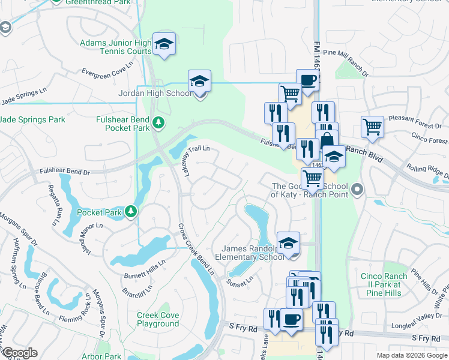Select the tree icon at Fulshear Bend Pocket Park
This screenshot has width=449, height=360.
pyautogui.click(x=158, y=122)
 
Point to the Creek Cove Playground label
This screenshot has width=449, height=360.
pyautogui.click(x=157, y=319)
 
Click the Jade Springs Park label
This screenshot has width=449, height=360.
pyautogui.click(x=32, y=120)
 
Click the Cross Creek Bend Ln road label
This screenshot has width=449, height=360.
pyautogui.click(x=196, y=248)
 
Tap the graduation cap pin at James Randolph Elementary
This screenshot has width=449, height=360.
pyautogui.click(x=288, y=243)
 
